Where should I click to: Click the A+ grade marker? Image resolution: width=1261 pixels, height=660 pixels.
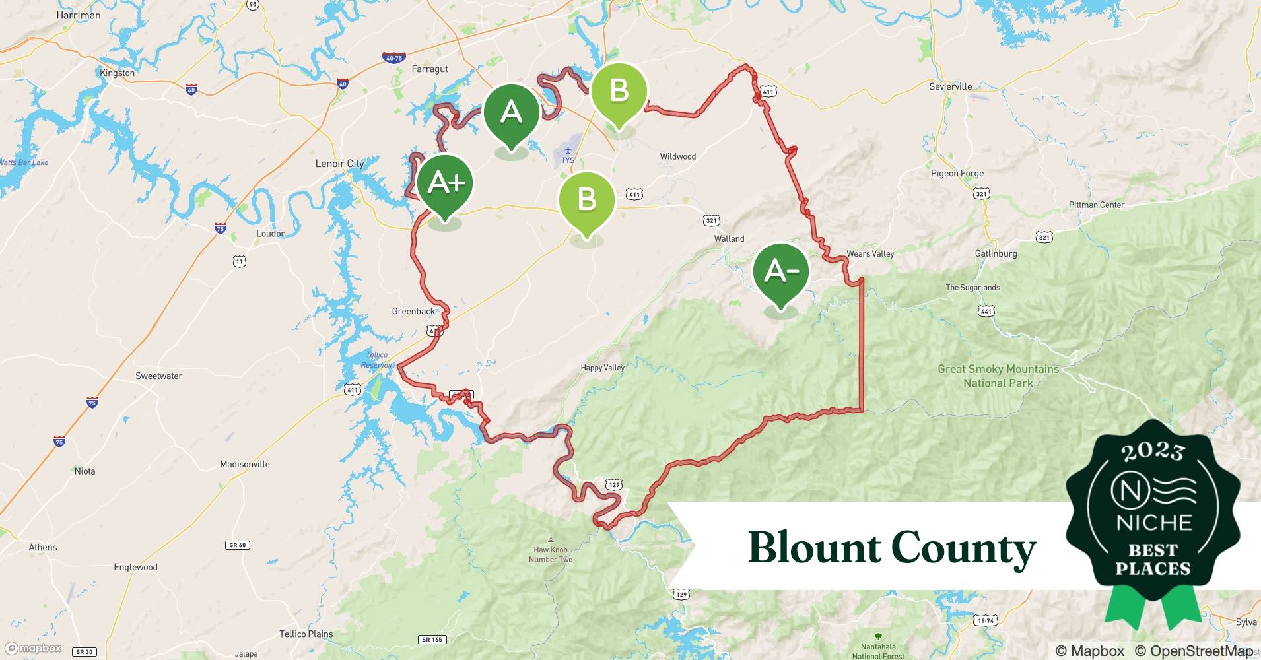(445, 183)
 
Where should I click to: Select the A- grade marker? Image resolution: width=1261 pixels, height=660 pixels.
(781, 271)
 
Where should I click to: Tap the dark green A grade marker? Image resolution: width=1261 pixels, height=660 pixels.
(511, 113)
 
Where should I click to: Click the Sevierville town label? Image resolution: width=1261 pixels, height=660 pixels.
(950, 86)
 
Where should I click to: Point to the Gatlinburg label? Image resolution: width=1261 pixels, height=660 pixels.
(996, 253)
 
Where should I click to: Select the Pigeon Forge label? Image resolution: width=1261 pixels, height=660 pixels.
(957, 174)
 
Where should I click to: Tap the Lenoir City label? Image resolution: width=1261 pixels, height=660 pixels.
(339, 164)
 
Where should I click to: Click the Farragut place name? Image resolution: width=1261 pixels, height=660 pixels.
(429, 69)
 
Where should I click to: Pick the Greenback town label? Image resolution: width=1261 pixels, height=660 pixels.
(413, 311)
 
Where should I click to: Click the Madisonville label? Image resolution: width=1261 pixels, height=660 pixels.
(244, 464)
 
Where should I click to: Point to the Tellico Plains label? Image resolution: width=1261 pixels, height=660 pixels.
(306, 634)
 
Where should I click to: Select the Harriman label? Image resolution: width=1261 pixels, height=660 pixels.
(79, 15)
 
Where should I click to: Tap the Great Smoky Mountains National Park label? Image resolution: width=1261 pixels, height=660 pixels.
(998, 376)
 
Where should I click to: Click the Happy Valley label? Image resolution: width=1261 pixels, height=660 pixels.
(602, 368)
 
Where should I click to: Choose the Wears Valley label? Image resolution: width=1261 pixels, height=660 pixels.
(869, 254)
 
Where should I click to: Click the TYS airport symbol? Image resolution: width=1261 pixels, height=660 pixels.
(568, 151)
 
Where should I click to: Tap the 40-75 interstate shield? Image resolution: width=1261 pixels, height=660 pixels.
(393, 58)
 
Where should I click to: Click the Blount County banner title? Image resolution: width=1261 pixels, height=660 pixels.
(891, 548)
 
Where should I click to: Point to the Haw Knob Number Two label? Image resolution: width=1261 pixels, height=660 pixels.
(551, 554)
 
